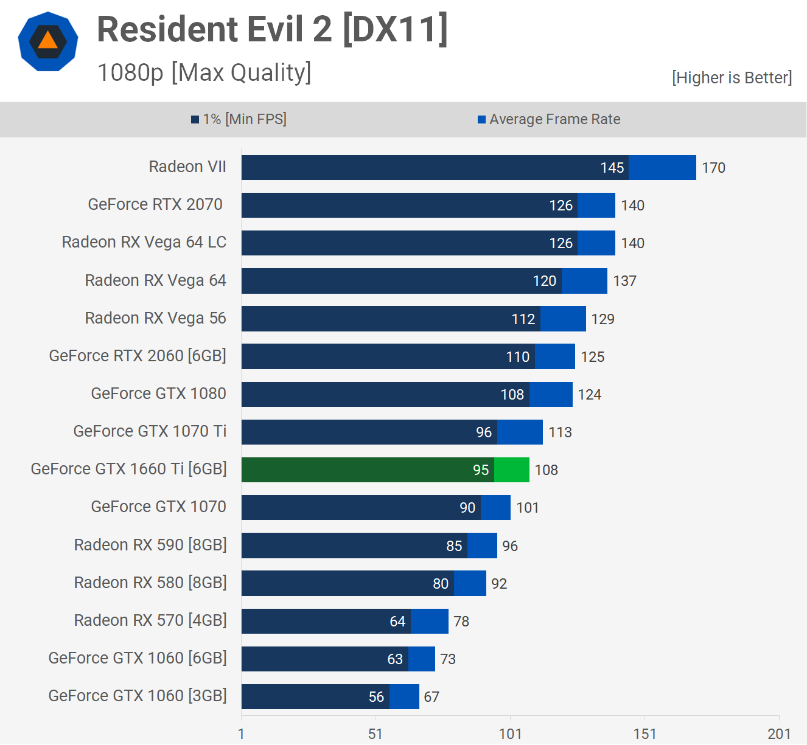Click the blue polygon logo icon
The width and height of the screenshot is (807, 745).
point(48,41)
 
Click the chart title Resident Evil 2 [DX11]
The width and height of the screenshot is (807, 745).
point(272,29)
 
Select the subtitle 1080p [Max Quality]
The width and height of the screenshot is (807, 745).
point(204,72)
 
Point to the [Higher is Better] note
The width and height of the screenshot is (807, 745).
point(732,78)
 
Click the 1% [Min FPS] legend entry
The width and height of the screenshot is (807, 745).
point(239,119)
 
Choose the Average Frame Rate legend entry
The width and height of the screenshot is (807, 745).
point(549,119)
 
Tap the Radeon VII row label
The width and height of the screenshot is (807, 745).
point(187,167)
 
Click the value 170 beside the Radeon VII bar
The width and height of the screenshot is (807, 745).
point(713,168)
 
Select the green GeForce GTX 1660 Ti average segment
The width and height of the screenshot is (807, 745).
point(512,470)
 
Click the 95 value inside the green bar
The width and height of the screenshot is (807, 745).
point(481,470)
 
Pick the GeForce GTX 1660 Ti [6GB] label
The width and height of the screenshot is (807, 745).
point(128,469)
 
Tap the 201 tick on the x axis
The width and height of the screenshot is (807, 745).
point(779,734)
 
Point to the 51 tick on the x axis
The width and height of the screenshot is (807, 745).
point(376,734)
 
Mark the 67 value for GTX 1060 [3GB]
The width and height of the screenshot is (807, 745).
point(431,697)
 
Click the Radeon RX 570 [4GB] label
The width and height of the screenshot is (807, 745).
point(150,620)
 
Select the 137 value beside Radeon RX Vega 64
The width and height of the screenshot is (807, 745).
point(624,281)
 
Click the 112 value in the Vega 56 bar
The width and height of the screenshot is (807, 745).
point(523,319)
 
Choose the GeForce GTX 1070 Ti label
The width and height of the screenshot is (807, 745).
point(150,431)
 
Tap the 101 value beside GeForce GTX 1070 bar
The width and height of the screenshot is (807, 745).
point(528,508)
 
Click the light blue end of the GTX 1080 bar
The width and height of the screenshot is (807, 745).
point(551,394)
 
